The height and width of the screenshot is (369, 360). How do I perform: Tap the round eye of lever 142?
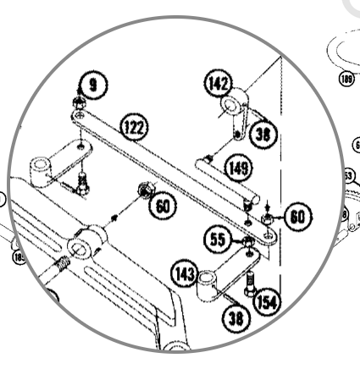point(230,107)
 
